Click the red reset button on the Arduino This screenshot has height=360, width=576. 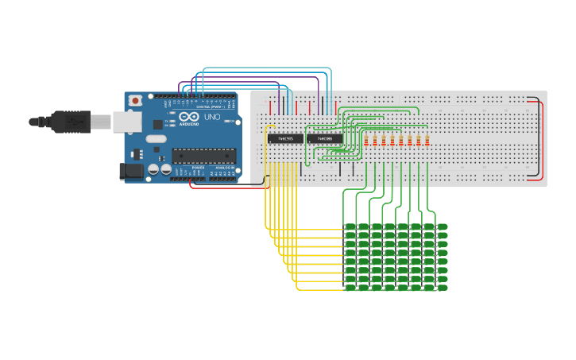point(136,101)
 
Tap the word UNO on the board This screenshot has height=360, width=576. point(212,117)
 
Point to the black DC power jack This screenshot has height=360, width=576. point(130,171)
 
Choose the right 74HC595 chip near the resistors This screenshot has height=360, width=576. point(325,138)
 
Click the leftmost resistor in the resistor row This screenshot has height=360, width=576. point(366,141)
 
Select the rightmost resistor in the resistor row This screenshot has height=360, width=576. point(427,141)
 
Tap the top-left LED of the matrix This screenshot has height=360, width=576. point(350,227)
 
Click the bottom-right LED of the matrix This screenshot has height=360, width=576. point(442,288)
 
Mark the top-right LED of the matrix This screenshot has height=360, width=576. point(442,227)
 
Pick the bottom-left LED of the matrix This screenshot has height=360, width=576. point(350,288)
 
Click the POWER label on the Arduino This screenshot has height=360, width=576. point(198,168)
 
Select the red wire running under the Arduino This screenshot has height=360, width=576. point(215,188)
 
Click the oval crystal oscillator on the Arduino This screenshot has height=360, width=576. point(156,139)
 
